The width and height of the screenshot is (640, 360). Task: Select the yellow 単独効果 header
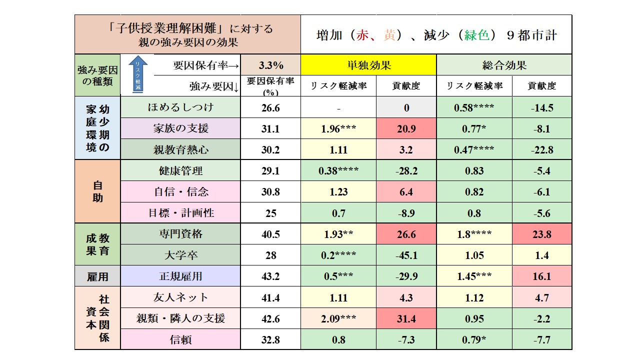368,65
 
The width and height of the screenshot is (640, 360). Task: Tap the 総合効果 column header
504,65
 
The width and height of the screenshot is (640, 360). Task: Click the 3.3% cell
270,65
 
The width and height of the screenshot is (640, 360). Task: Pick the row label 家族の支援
180,128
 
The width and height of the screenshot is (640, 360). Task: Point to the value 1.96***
338,129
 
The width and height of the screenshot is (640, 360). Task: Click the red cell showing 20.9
406,129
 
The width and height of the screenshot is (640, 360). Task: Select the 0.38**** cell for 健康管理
338,171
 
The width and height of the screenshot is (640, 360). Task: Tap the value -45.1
406,255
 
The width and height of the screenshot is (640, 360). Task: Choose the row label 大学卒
180,255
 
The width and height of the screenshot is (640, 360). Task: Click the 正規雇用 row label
180,276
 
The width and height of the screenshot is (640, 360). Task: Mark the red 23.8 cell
542,234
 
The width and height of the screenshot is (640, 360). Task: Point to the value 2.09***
338,318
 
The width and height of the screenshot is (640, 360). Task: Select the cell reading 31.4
406,318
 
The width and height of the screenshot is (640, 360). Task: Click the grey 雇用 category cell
97,276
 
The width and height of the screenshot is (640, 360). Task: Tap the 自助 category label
97,191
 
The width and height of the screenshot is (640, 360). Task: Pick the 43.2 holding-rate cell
270,276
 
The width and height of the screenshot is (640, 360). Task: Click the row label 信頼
180,340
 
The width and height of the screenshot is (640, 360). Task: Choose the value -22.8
542,149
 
